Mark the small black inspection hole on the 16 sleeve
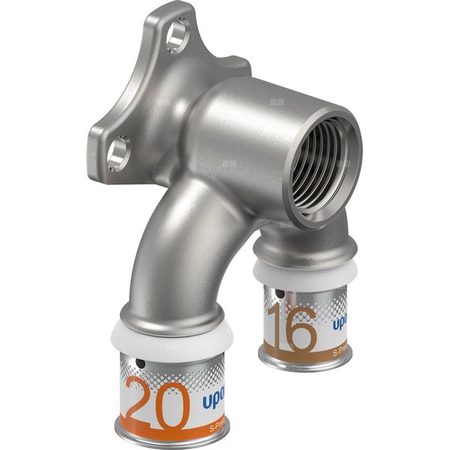tap(278, 295)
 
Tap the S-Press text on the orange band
tap(218, 430)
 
